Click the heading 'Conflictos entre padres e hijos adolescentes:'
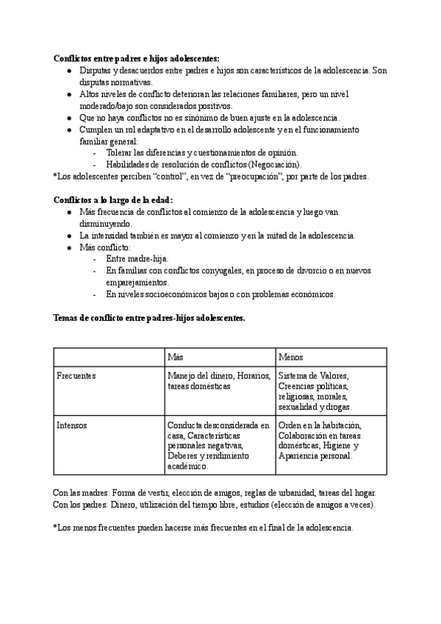136,59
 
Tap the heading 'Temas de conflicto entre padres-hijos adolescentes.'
149,318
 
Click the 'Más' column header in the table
175,356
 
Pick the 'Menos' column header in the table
291,356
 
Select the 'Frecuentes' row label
76,375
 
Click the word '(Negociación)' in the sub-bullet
275,164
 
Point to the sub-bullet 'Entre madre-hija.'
137,258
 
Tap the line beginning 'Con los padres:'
214,504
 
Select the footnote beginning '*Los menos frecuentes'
203,528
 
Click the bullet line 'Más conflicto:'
104,247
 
